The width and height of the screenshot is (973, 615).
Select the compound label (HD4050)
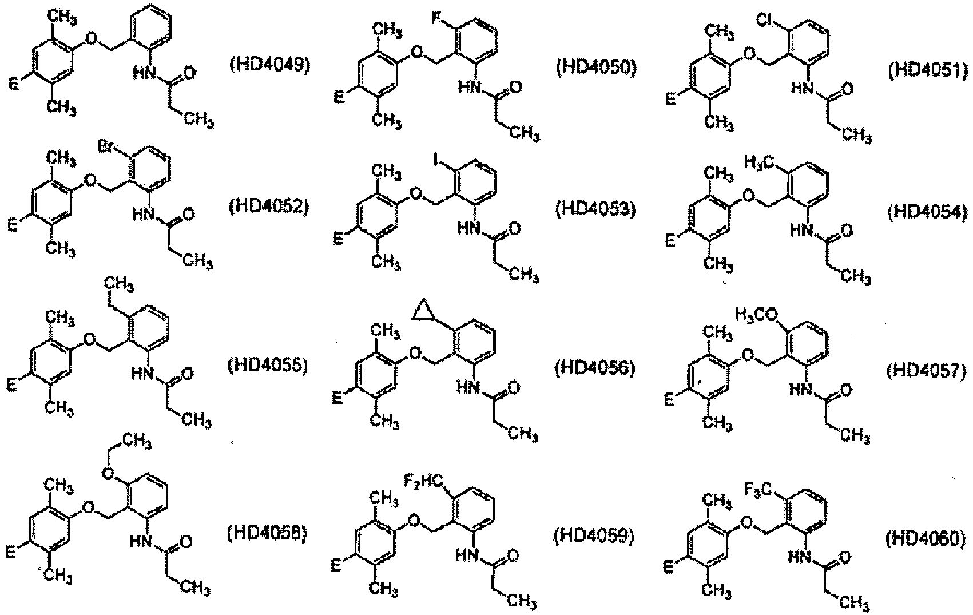pos(596,69)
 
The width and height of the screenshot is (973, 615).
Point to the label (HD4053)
pos(595,209)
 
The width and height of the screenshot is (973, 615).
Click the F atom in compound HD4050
pos(436,19)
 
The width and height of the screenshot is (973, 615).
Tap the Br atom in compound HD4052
pos(106,147)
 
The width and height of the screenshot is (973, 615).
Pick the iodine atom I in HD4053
pos(435,159)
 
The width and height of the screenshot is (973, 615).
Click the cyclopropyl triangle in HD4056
pos(424,311)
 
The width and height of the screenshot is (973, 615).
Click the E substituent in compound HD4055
pos(13,385)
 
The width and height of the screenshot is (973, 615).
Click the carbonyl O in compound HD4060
pos(845,557)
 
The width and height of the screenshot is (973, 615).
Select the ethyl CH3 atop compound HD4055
pos(118,286)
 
